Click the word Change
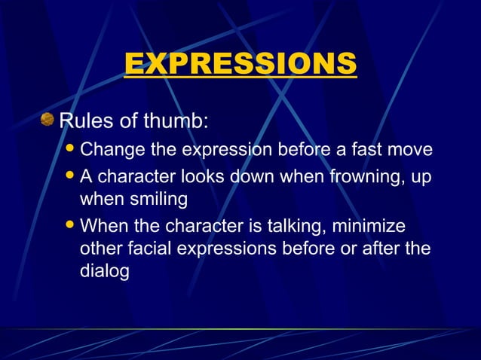click(112, 150)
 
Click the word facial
click(153, 248)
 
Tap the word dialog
click(105, 270)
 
